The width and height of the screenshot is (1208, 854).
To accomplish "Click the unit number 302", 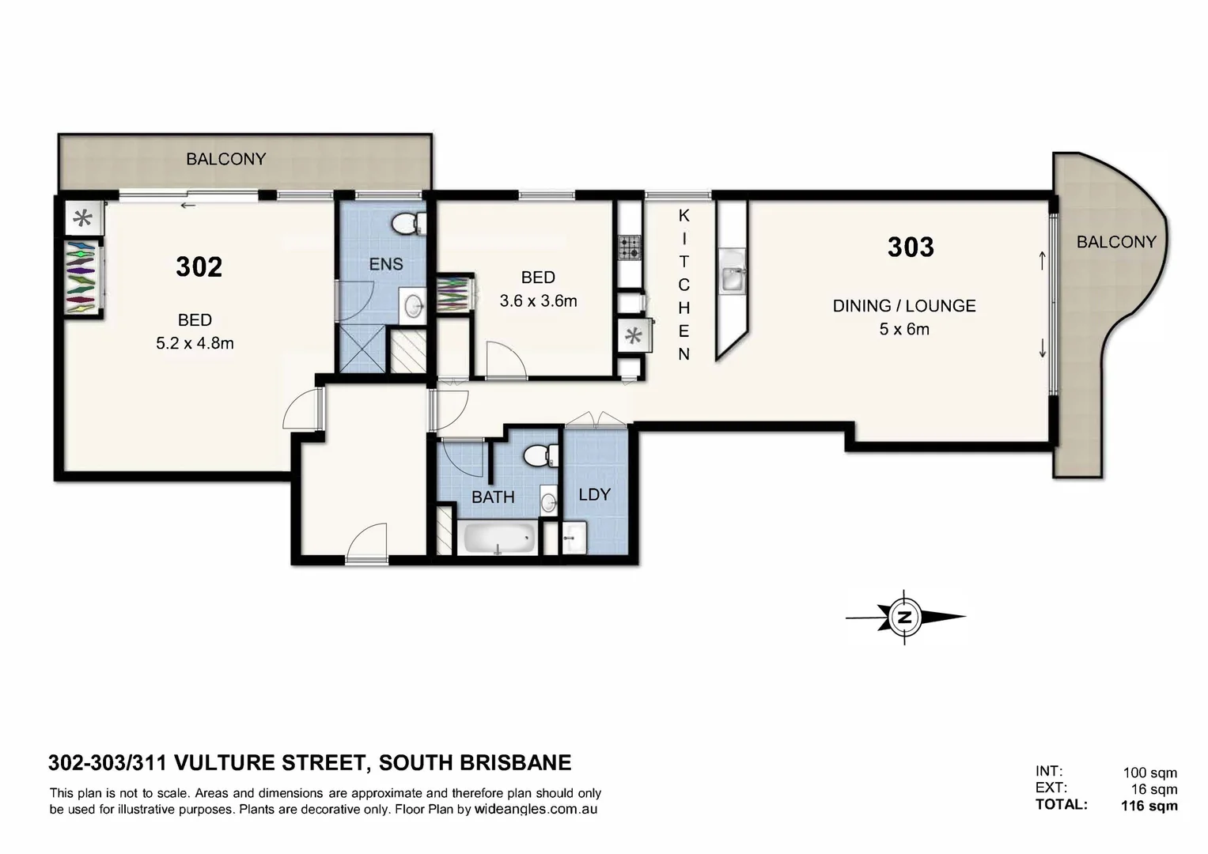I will click(199, 267).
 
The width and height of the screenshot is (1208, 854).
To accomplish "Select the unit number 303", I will click(910, 248).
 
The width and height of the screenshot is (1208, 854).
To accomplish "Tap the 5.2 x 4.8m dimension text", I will click(195, 343).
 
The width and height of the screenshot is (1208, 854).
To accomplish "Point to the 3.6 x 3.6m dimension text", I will click(538, 300).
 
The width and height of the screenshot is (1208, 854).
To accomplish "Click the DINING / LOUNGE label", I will click(903, 306).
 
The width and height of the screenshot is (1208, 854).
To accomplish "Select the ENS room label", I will click(386, 264).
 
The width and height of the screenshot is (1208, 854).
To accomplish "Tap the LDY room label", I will click(594, 494).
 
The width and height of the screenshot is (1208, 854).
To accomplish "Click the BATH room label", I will click(493, 497).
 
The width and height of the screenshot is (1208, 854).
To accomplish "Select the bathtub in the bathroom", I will click(498, 539).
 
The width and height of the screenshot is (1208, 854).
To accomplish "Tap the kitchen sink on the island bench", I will click(732, 277).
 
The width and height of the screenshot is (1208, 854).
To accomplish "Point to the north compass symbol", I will click(904, 617).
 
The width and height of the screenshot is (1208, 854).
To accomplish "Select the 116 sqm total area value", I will click(1149, 806).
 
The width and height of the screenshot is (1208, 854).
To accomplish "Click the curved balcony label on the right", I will click(1115, 242).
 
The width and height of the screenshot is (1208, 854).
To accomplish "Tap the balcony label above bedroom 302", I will click(225, 159).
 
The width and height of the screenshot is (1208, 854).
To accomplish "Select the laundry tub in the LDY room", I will click(574, 538).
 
